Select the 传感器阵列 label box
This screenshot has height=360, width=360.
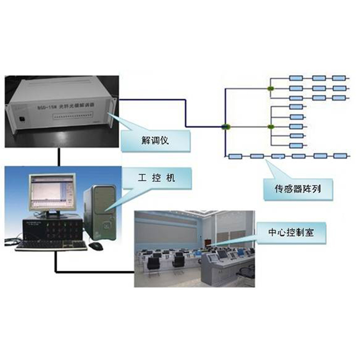[x=298, y=189]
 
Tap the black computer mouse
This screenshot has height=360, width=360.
[x=95, y=246]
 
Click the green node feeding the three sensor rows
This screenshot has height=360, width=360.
[x=270, y=88]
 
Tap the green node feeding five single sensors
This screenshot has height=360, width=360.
[x=270, y=127]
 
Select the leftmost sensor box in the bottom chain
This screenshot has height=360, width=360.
[x=235, y=157]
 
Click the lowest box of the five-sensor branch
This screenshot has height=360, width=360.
[x=296, y=145]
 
